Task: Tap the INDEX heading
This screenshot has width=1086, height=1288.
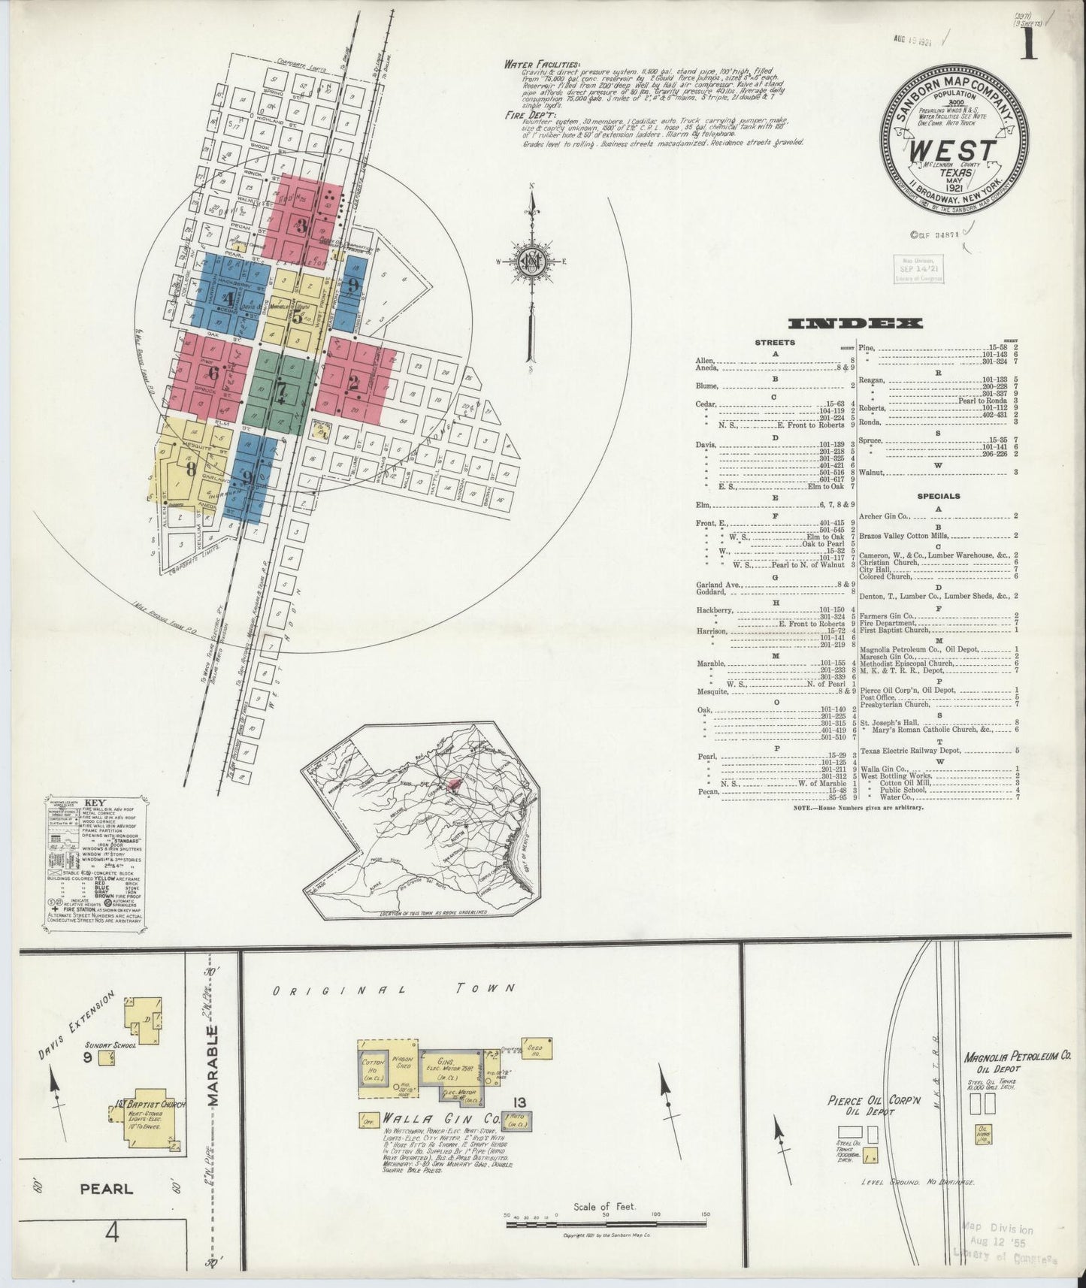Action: pos(855,324)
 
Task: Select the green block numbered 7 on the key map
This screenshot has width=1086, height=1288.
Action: pos(279,390)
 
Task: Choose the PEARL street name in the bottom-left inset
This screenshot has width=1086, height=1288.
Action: pos(108,1189)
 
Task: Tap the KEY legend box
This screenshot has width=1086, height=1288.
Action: pos(97,864)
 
